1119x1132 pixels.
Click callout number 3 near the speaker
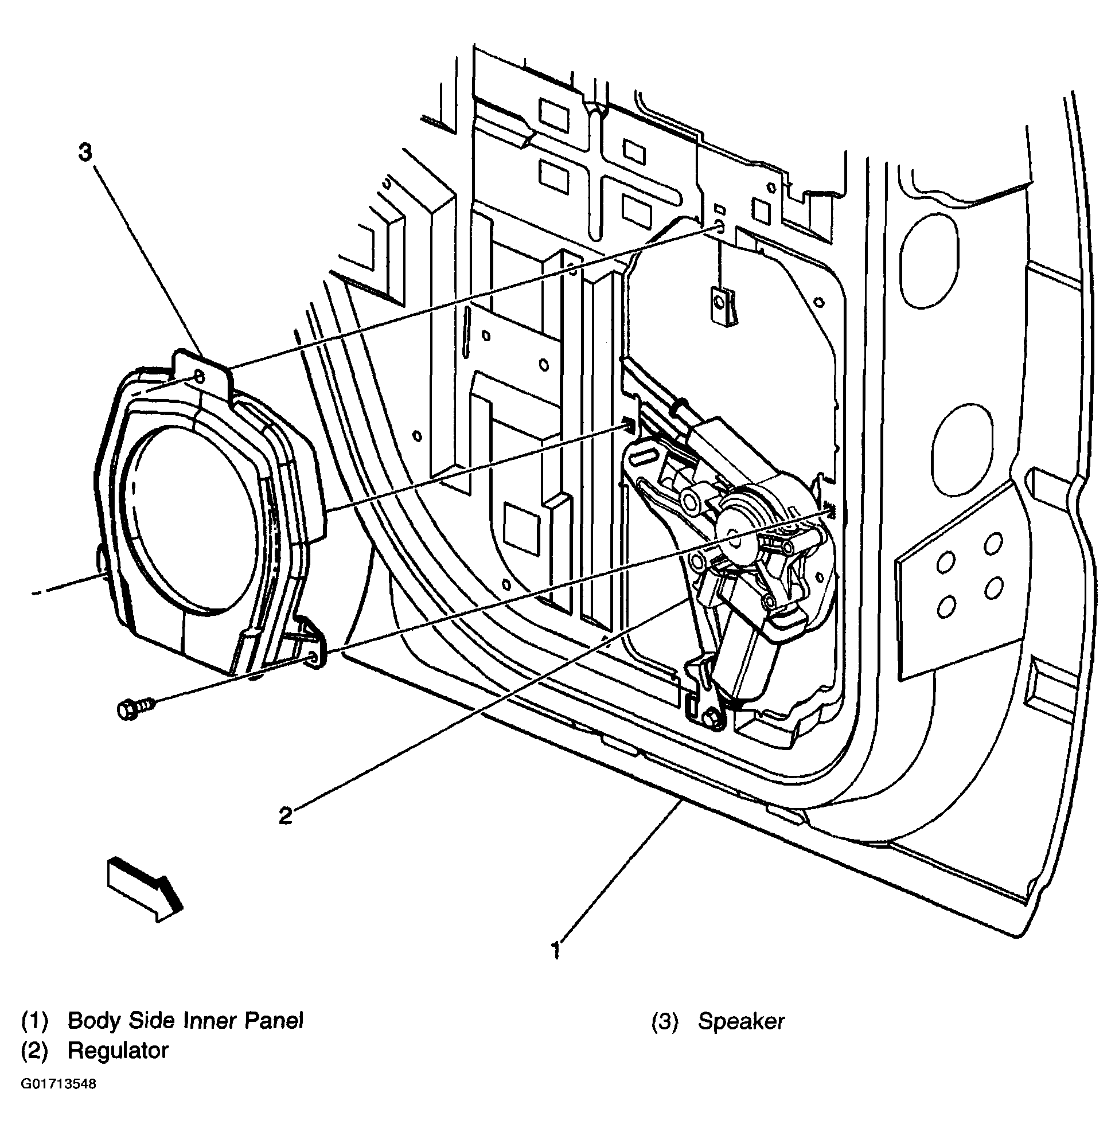(85, 154)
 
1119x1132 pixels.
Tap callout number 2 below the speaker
(285, 815)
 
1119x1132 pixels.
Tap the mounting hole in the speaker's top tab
(198, 377)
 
